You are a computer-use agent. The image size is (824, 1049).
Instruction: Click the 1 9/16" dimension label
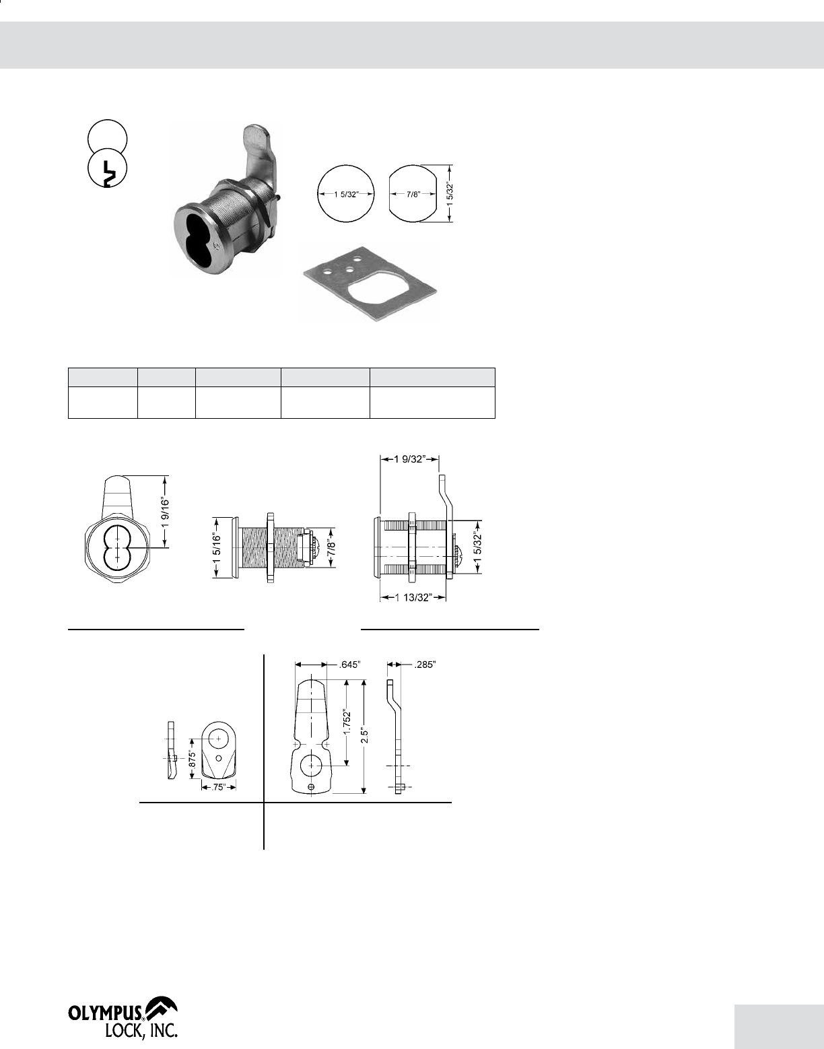point(165,512)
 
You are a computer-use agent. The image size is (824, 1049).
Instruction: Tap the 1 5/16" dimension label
point(216,547)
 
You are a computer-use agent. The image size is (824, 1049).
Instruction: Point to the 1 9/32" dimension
point(409,459)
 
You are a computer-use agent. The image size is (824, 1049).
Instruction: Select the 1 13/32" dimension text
point(413,598)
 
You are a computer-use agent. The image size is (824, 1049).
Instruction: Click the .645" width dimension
point(350,665)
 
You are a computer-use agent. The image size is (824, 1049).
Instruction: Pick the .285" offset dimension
point(425,665)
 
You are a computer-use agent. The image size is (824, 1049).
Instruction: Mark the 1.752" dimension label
point(347,722)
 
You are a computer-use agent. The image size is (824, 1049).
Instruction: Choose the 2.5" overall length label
point(364,736)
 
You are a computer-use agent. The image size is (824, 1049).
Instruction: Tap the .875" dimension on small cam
point(192,759)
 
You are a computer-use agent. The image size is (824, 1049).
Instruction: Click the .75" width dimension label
point(219,787)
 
